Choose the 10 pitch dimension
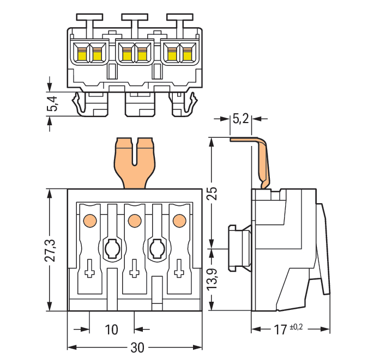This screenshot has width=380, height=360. [111, 330]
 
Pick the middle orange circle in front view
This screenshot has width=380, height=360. [132, 221]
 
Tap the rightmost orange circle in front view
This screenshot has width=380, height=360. [177, 221]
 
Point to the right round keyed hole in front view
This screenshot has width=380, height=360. [156, 249]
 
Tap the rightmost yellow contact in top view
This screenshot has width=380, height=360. [188, 54]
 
